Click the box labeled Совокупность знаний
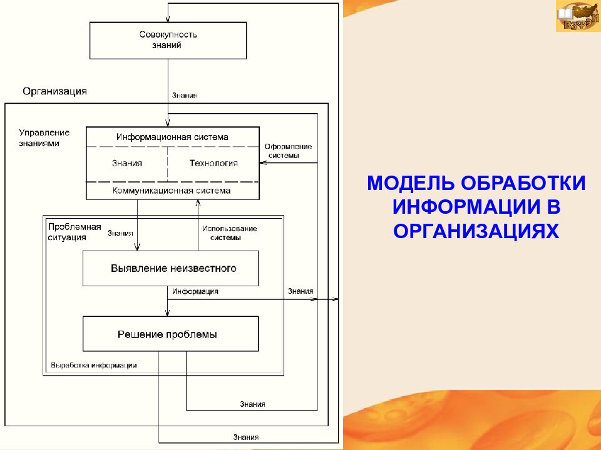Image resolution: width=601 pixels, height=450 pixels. coord(168,40)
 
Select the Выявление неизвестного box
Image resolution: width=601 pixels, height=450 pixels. coord(170,268)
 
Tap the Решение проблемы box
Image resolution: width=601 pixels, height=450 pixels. coord(170,334)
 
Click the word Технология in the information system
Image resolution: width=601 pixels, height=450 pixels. coord(213,163)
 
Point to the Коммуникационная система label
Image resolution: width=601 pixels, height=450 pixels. coord(172,191)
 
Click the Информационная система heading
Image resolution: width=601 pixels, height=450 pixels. coord(172,137)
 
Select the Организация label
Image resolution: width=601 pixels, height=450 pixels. coord(54,91)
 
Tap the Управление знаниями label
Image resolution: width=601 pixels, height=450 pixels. coord(44,137)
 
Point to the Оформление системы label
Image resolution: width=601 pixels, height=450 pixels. coord(287,151)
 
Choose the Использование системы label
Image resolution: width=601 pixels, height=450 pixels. coord(229,232)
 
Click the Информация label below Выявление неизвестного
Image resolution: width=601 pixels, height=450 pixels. coord(195,291)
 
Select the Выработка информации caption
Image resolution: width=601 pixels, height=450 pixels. coord(94,365)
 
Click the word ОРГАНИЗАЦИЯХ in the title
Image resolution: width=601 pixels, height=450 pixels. coord(475,231)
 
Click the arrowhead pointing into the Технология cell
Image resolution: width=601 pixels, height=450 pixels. coord(263,163)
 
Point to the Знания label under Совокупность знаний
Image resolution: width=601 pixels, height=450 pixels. coord(185,96)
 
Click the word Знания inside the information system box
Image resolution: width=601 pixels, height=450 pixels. coord(126,163)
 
